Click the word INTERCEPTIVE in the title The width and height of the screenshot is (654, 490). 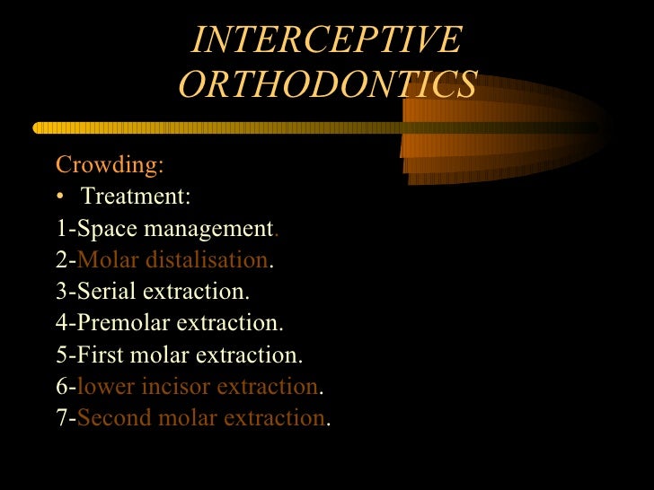(327, 39)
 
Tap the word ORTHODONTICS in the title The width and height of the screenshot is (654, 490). (327, 84)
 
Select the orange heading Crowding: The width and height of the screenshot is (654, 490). (110, 165)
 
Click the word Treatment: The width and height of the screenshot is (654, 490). (136, 197)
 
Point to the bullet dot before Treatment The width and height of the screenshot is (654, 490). (60, 197)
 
